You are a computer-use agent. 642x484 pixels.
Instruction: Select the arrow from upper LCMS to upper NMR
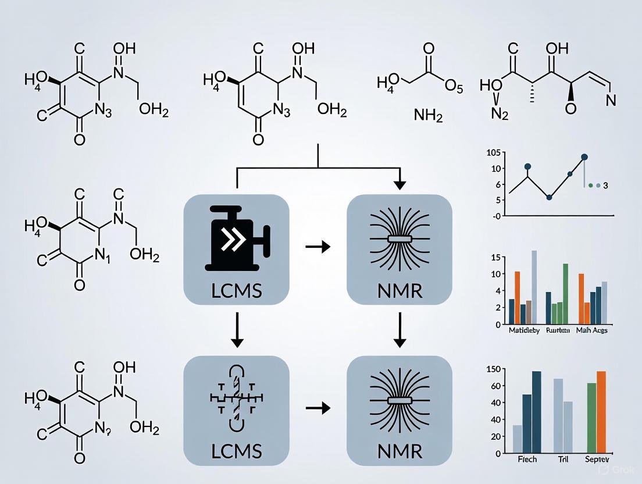(318, 247)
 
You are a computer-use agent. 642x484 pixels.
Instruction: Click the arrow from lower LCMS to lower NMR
(318, 408)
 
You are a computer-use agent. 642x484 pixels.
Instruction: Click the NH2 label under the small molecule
(427, 117)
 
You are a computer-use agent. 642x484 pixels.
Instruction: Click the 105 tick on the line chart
(493, 153)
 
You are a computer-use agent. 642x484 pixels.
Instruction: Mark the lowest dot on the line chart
(549, 198)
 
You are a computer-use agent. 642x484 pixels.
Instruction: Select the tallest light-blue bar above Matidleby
(534, 286)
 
